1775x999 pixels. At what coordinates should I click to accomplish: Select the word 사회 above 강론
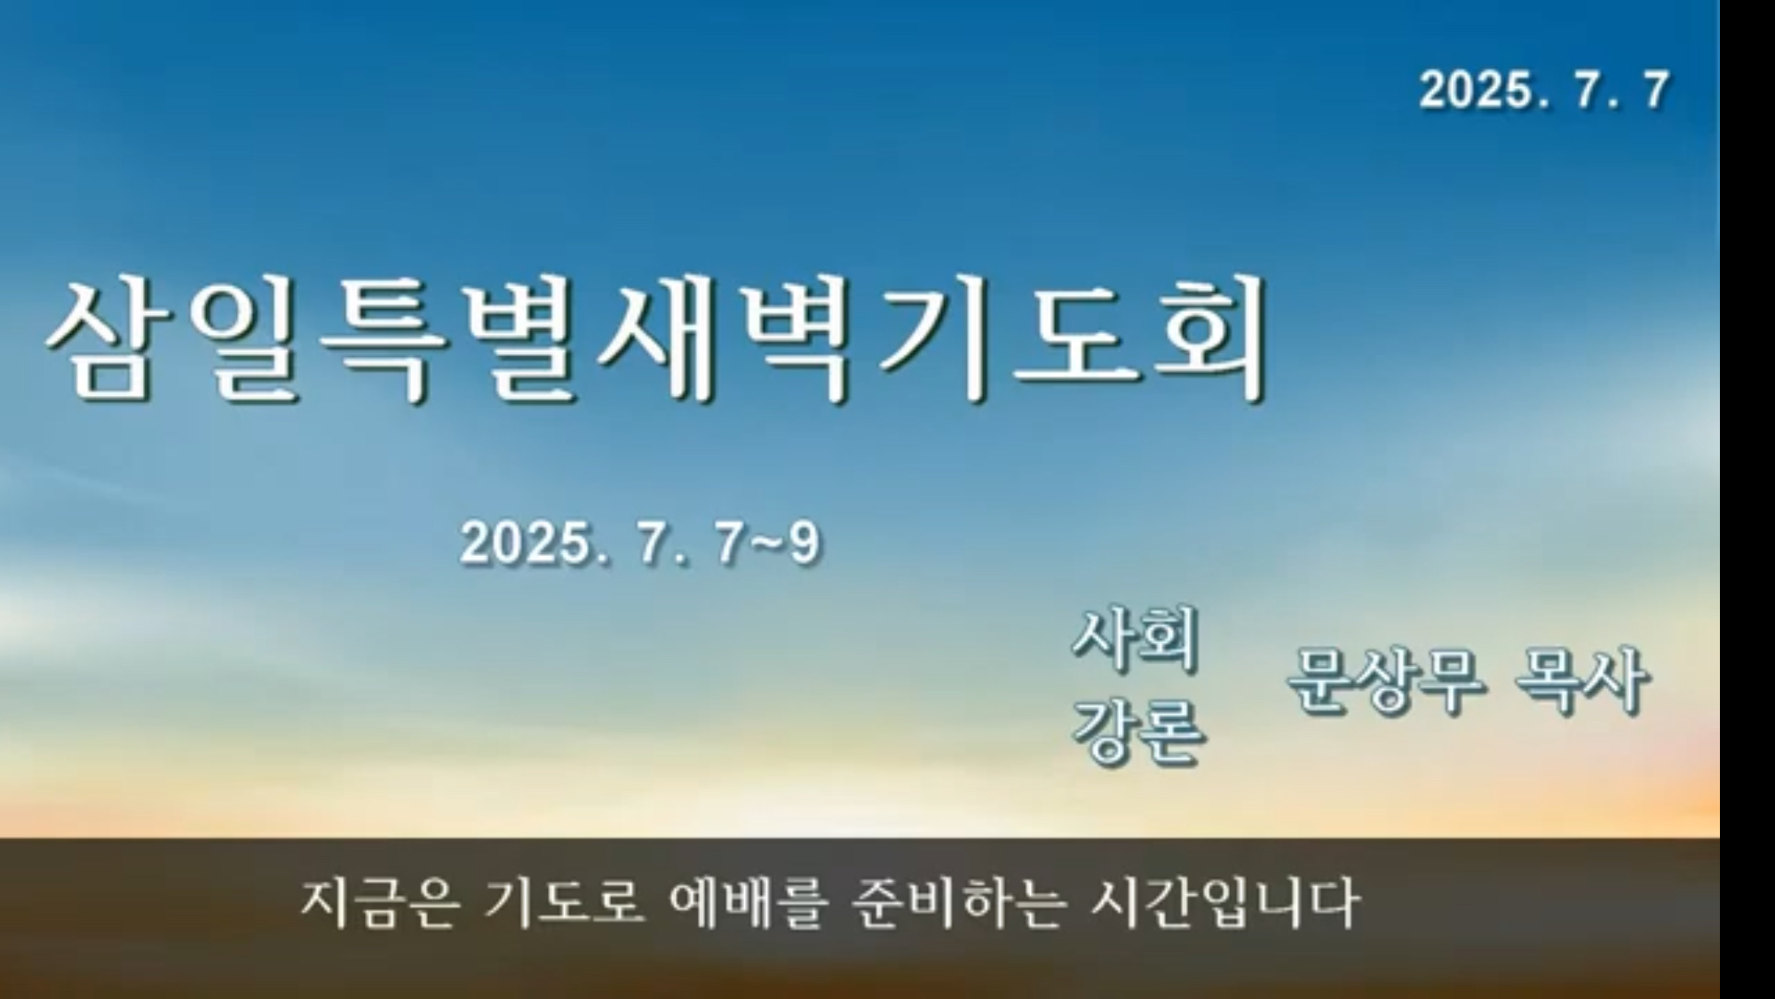1137,638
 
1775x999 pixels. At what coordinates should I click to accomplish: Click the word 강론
1138,732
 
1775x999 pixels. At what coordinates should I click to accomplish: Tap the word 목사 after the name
1582,681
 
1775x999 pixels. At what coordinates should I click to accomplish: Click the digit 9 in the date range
804,543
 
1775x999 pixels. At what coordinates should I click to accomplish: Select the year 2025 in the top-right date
1477,91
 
